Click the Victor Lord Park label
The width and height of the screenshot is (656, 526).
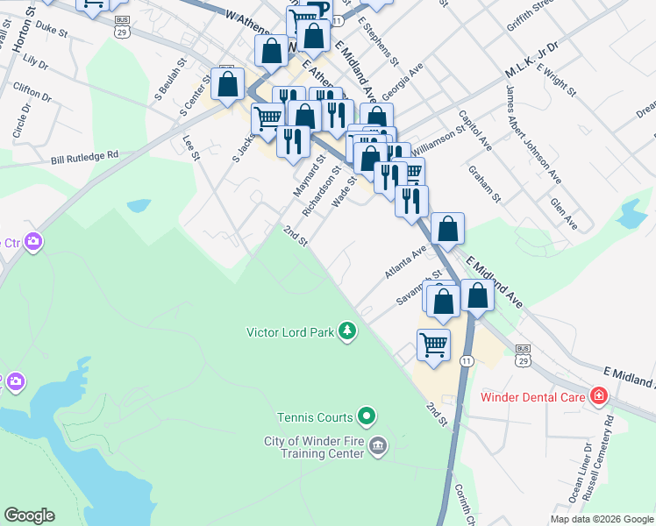[290, 332]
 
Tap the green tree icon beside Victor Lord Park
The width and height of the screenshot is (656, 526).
[349, 331]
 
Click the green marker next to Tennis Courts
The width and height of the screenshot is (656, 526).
[367, 416]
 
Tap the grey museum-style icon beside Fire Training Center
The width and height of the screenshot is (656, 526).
[378, 445]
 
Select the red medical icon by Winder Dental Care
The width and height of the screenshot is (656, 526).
[599, 396]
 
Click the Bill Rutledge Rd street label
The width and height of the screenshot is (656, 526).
[84, 158]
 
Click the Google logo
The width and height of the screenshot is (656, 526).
[29, 515]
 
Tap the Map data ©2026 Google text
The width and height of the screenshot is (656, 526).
[601, 519]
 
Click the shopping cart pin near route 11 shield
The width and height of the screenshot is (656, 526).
[433, 345]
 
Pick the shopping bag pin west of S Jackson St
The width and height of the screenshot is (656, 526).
[228, 84]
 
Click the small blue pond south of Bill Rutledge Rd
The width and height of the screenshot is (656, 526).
[139, 206]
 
